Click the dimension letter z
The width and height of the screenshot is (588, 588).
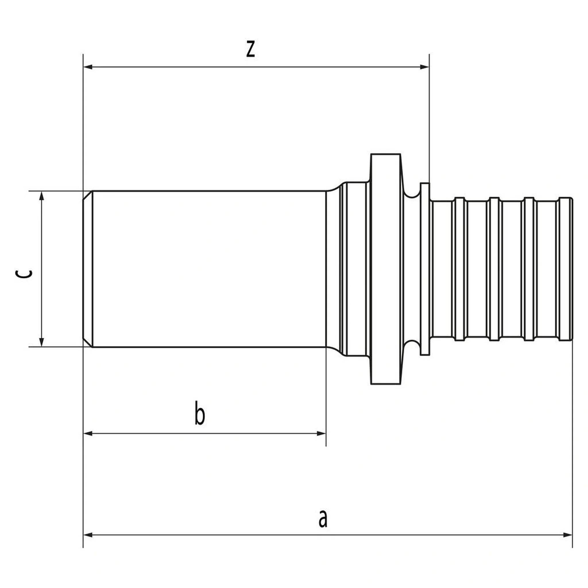tap(250, 49)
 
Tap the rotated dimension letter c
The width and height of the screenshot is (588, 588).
tap(23, 274)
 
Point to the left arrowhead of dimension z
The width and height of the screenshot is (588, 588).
tap(88, 67)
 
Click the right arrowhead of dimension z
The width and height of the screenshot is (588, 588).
tap(424, 67)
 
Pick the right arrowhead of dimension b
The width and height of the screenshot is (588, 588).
tap(321, 433)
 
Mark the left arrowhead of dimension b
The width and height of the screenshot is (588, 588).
tap(88, 433)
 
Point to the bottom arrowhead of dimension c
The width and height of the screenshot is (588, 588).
tap(42, 342)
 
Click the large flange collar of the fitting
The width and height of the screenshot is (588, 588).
tap(386, 269)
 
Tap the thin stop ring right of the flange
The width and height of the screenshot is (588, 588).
tap(425, 269)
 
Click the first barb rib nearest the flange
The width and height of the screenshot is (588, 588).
tap(460, 269)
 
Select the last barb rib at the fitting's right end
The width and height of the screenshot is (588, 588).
tap(566, 269)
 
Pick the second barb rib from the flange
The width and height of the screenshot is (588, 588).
tap(495, 269)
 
